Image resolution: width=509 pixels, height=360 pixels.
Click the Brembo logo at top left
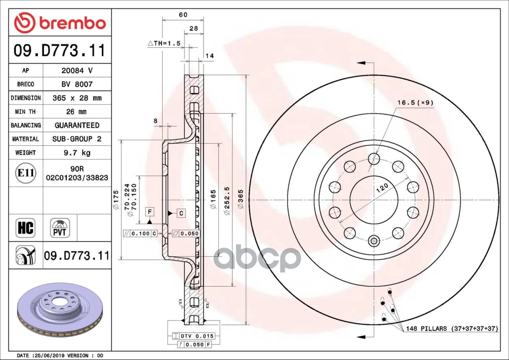point(60,23)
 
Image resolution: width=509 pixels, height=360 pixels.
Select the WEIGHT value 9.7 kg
point(77,153)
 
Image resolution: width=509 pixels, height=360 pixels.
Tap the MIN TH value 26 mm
point(77,112)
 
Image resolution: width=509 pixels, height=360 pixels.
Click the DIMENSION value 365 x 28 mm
point(77,98)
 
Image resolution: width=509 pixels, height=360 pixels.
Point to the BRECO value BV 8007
point(77,84)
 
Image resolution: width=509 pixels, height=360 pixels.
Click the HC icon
point(25,228)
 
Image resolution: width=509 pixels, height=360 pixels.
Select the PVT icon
point(60,228)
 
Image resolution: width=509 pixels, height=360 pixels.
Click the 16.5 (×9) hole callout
point(415,103)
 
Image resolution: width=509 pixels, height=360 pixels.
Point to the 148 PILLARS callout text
point(452,329)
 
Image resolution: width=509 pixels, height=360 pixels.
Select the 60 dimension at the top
point(183,15)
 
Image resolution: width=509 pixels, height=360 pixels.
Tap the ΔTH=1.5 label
point(164,43)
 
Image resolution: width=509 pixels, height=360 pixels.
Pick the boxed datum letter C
point(181,213)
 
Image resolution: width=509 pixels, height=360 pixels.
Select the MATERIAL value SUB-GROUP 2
point(77,139)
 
